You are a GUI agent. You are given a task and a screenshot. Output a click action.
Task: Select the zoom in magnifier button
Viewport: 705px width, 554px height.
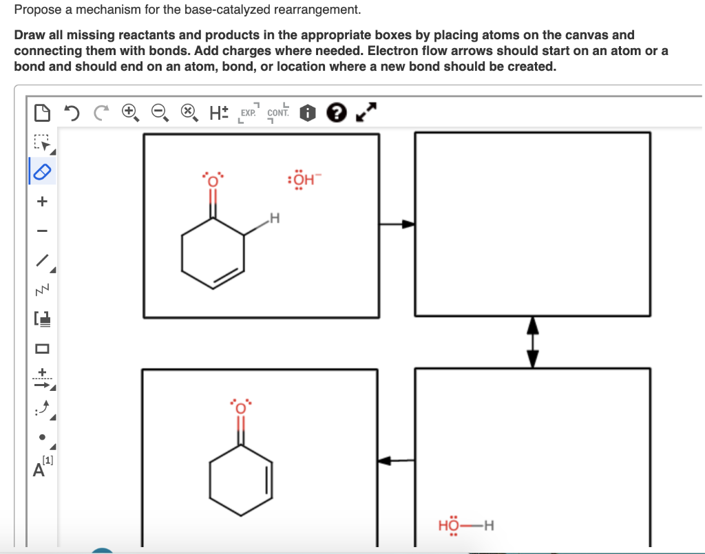click(x=130, y=112)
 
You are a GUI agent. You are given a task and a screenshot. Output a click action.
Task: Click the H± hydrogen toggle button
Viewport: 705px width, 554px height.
click(x=219, y=112)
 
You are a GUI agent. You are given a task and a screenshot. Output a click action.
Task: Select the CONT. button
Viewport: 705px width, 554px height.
click(x=277, y=113)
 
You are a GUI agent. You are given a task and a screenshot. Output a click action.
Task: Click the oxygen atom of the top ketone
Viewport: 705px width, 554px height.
click(x=213, y=180)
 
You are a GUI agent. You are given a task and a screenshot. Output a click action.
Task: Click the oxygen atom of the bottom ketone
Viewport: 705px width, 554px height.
click(x=241, y=407)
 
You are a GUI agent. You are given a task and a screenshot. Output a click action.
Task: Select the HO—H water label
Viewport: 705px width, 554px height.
click(x=466, y=526)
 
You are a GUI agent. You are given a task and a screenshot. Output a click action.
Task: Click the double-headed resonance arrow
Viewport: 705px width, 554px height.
click(x=532, y=343)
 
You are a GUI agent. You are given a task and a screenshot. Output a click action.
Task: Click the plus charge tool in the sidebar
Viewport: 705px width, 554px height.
click(x=42, y=202)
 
